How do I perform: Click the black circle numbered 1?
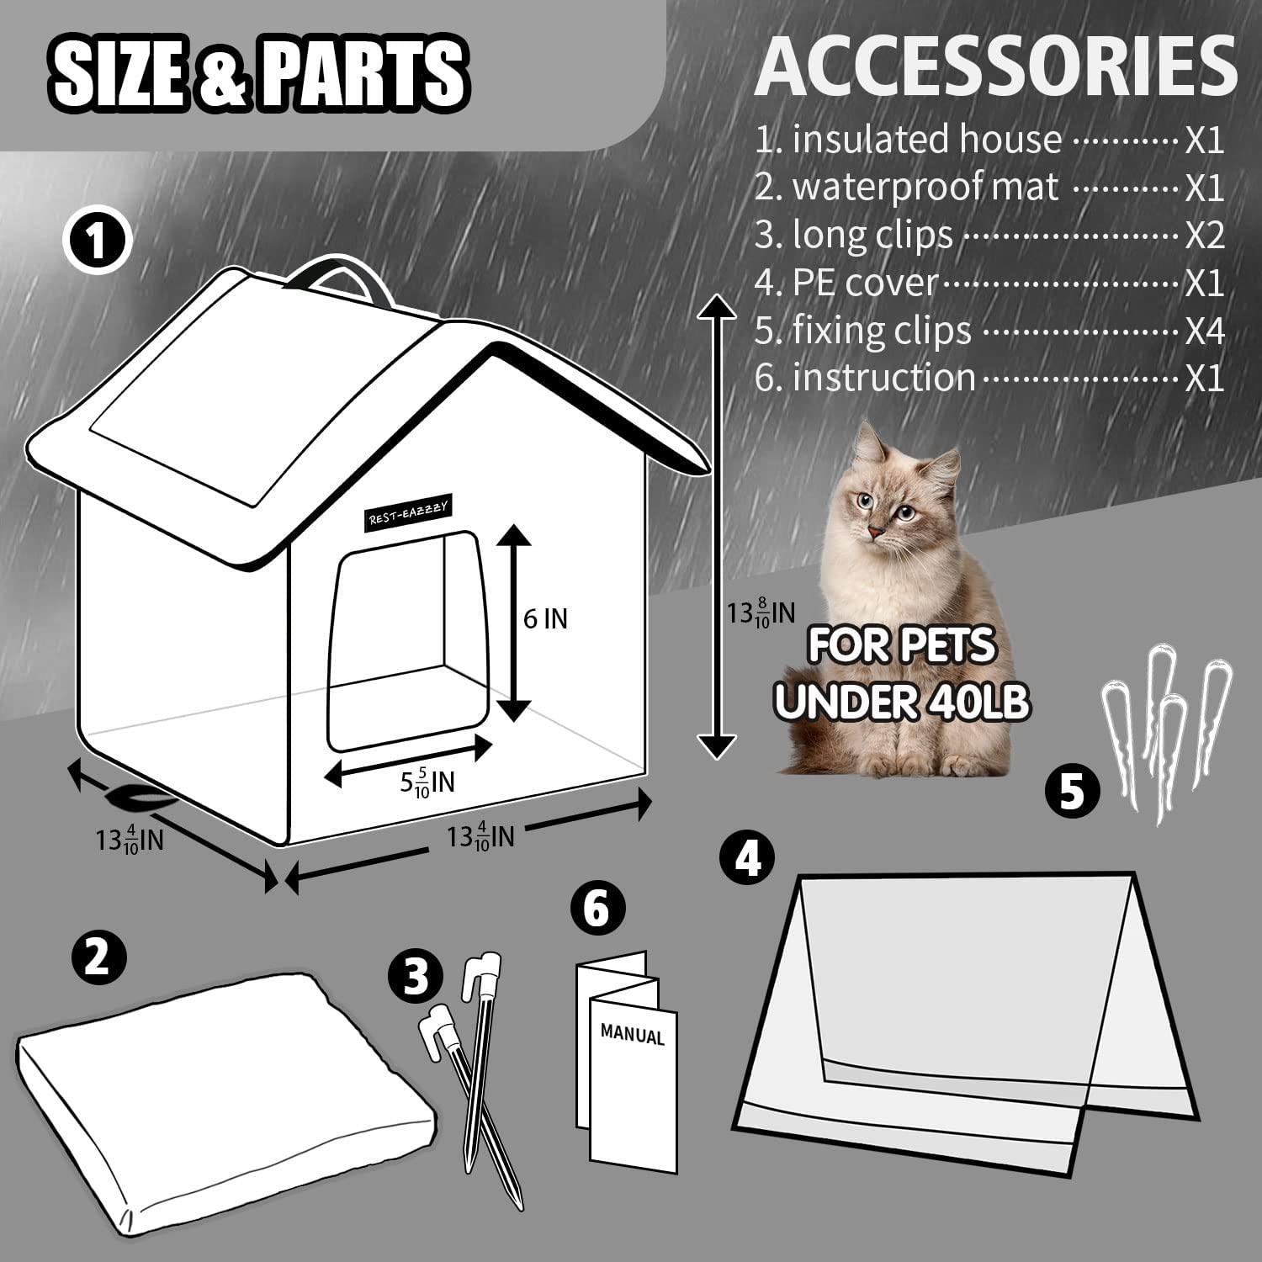pos(98,241)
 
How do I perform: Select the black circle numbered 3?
pos(416,977)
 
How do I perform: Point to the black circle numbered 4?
pos(749,858)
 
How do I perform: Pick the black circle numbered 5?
pos(1073,792)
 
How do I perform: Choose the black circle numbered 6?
pos(597,909)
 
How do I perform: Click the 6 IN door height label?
pos(545,619)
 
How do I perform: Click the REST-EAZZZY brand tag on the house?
pos(409,512)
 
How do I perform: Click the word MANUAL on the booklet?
pos(633,1035)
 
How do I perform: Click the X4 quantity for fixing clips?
pos(1205,331)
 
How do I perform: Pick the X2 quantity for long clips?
pos(1205,236)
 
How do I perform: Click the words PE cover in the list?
pos(865,284)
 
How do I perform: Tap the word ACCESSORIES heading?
pos(996,66)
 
